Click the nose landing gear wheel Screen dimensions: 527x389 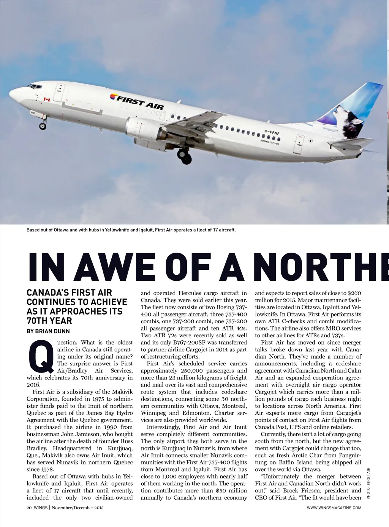[43, 126]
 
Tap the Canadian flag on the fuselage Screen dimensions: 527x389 [47, 99]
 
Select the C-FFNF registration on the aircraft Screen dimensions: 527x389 [272, 132]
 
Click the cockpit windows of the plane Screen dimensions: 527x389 [34, 87]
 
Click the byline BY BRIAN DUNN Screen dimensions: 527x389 [48, 331]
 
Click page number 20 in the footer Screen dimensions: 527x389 [29, 508]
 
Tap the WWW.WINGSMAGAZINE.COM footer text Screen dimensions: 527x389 [334, 508]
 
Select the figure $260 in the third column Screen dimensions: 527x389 [354, 293]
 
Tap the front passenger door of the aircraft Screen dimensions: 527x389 [59, 93]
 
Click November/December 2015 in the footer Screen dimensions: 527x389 [77, 508]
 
